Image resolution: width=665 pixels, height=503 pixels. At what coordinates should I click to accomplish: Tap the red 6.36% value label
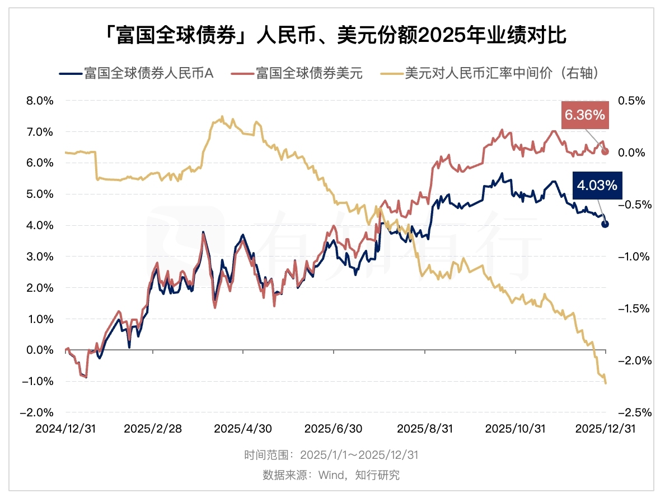584,116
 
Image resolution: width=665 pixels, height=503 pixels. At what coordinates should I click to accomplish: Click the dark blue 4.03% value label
597,185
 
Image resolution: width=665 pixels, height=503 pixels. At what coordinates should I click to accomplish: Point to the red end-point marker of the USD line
605,151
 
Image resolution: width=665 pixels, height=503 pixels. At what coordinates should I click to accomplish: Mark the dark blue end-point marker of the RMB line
605,224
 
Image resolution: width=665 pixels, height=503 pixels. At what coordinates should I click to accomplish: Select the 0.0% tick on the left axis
40,350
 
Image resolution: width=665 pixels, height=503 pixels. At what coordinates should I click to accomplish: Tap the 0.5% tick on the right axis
631,101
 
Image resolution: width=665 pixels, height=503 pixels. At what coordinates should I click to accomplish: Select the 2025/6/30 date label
334,429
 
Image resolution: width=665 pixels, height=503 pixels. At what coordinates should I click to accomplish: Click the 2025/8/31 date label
424,429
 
